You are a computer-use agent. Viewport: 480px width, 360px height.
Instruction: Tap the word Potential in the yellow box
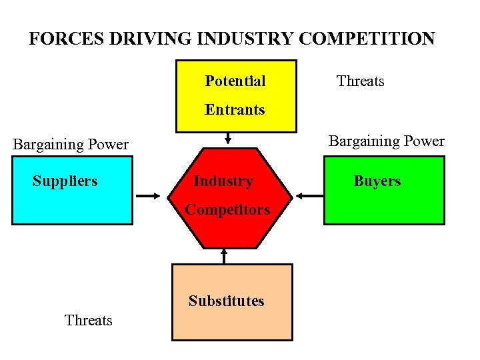[x=235, y=81]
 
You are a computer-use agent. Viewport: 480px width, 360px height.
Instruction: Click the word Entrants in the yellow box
[x=235, y=110]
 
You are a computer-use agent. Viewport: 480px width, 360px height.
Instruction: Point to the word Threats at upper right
[x=360, y=81]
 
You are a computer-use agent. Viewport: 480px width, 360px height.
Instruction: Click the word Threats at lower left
[x=88, y=321]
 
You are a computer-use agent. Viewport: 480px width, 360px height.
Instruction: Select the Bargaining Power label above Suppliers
[x=71, y=145]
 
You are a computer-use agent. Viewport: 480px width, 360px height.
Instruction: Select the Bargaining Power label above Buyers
[x=386, y=141]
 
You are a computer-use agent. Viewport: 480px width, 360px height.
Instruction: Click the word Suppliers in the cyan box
[x=65, y=181]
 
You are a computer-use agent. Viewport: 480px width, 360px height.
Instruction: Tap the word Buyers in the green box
[x=377, y=181]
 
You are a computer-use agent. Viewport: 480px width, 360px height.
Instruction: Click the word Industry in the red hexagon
[x=223, y=181]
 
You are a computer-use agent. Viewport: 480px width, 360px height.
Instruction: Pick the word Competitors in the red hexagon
[x=227, y=210]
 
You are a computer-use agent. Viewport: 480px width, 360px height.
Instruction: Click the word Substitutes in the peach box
[x=226, y=301]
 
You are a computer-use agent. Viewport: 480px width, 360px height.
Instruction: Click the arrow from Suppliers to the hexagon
[x=148, y=195]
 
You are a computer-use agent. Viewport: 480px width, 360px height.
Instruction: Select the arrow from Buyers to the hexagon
[x=308, y=195]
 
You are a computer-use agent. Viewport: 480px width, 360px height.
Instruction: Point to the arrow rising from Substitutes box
[x=224, y=256]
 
